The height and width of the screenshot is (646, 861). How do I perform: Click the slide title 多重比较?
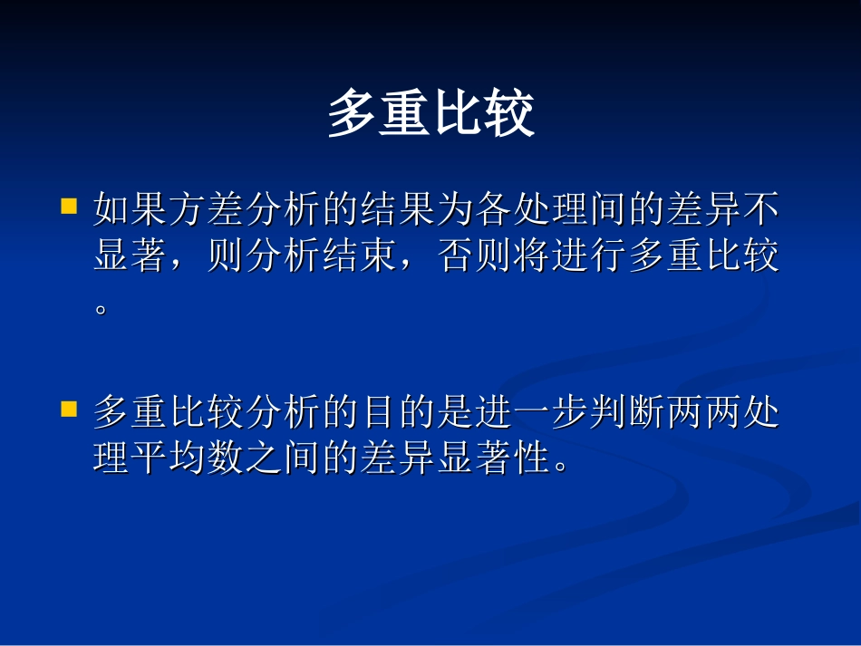(x=430, y=113)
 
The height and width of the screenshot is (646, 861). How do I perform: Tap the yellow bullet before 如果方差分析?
(x=68, y=207)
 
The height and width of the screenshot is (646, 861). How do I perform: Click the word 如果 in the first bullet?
(x=131, y=212)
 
